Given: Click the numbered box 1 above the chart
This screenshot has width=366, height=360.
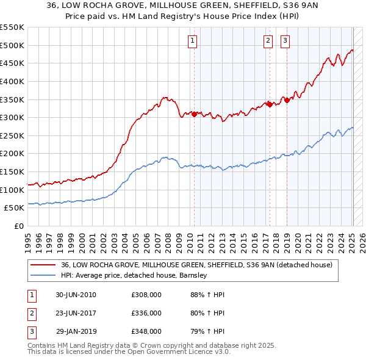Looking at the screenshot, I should [x=192, y=41].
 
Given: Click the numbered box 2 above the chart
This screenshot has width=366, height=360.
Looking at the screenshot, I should [x=268, y=41].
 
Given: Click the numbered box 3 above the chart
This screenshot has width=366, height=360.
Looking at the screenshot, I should [x=285, y=41].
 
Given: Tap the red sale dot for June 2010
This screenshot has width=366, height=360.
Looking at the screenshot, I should [x=195, y=114].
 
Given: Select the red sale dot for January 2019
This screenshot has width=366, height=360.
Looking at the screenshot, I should [x=287, y=100].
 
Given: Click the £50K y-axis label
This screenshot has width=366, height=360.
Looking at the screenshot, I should [x=13, y=208].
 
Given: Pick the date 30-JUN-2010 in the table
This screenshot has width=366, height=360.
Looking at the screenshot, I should [x=76, y=295].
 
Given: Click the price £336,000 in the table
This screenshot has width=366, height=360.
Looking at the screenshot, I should [x=146, y=313].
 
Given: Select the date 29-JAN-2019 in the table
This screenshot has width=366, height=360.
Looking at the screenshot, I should [x=76, y=331].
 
